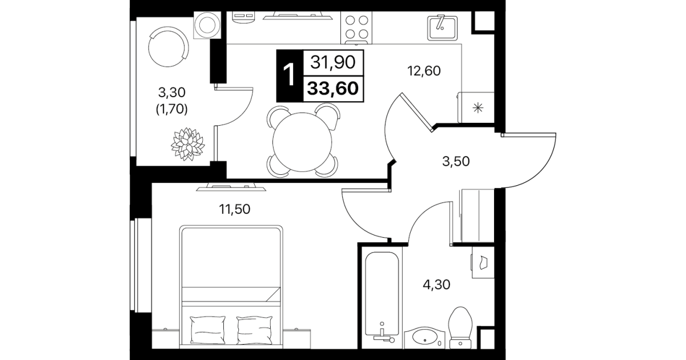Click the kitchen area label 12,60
click(x=424, y=71)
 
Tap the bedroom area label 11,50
click(x=235, y=209)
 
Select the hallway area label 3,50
click(x=456, y=161)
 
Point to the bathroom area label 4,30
click(x=436, y=285)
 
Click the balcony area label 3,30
click(x=172, y=92)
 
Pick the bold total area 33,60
click(x=333, y=89)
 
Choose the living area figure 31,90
click(x=333, y=62)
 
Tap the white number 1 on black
click(x=289, y=75)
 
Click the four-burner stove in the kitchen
click(x=356, y=28)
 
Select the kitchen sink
click(x=443, y=27)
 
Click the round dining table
click(x=302, y=142)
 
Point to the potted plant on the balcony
click(x=188, y=144)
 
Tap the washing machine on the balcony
click(x=207, y=25)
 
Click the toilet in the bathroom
click(x=460, y=327)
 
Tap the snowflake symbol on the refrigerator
click(x=478, y=108)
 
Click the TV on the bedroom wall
click(x=231, y=187)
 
